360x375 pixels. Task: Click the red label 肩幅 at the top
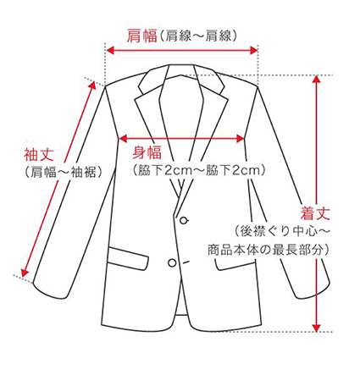[141, 36]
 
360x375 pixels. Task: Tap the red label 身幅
[147, 152]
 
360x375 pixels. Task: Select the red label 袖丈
[39, 154]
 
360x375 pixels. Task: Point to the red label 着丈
[315, 213]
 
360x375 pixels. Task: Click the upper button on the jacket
[184, 220]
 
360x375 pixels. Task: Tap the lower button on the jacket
[172, 262]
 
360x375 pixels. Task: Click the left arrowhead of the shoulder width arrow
[110, 51]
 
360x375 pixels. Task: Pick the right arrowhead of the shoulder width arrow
[254, 51]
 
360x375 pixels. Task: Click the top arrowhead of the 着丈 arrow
[317, 80]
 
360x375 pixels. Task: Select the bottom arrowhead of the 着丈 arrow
[317, 328]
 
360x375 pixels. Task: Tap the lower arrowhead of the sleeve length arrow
[25, 273]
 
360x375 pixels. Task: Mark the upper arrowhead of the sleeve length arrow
[93, 85]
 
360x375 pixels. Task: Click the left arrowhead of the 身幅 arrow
[123, 138]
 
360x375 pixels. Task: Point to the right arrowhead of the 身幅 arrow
[241, 138]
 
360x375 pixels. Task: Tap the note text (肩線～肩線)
[198, 36]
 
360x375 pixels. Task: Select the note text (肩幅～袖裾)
[64, 172]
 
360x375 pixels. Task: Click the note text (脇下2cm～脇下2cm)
[199, 170]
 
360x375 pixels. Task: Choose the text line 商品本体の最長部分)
[269, 250]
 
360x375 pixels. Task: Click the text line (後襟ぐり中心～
[282, 231]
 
